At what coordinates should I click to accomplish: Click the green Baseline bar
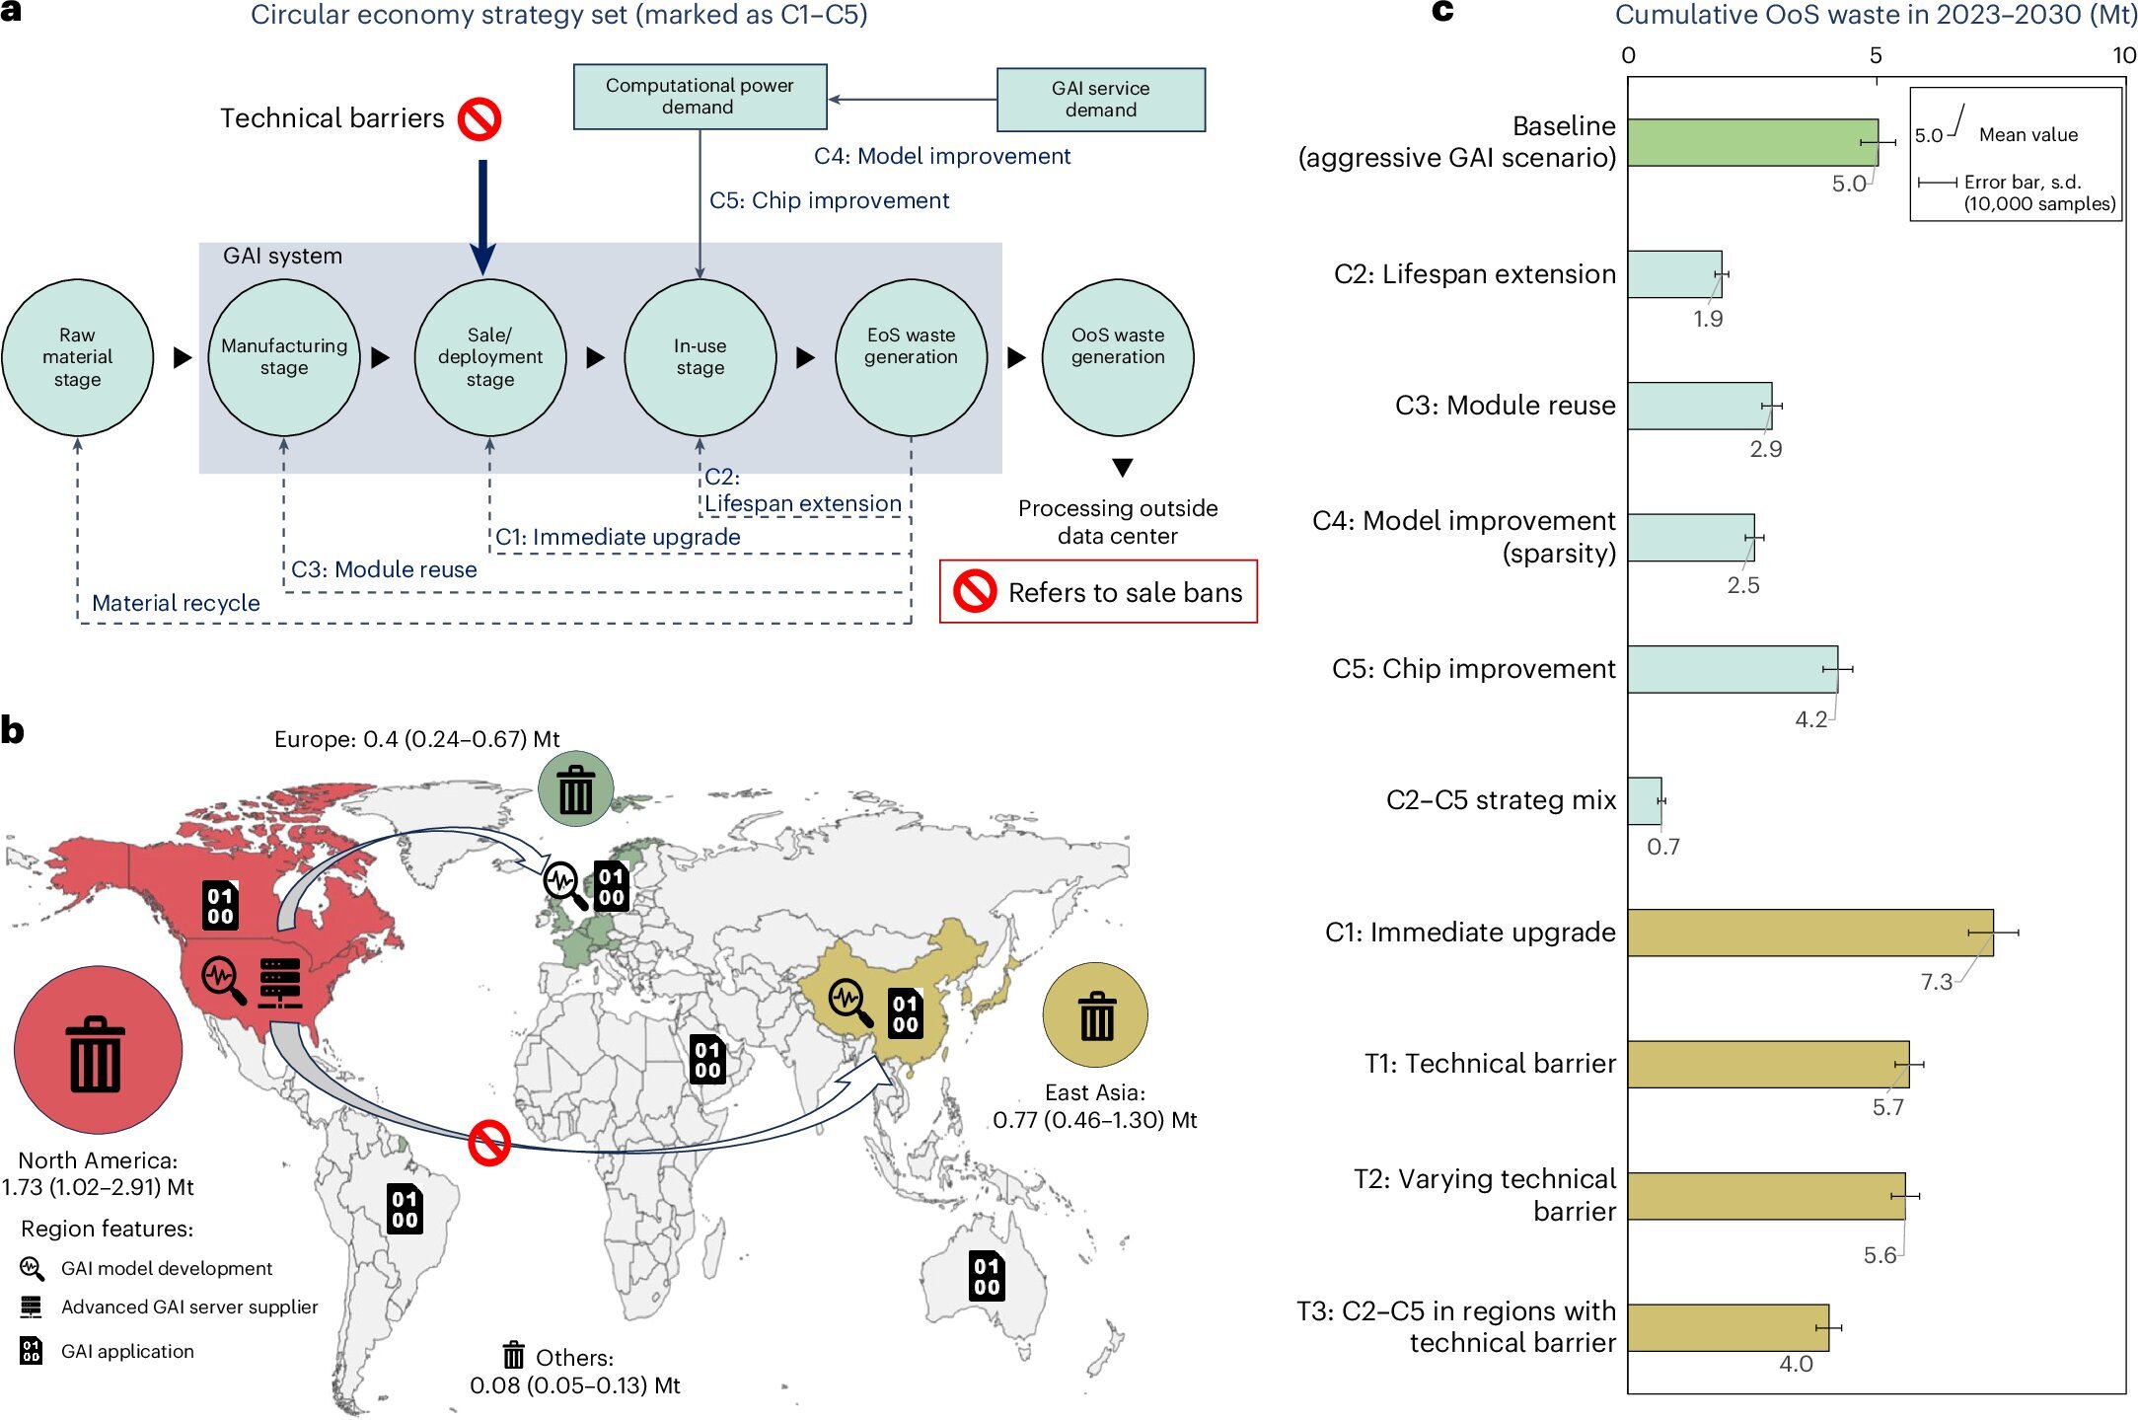(1751, 143)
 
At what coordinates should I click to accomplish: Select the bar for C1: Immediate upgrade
(1809, 933)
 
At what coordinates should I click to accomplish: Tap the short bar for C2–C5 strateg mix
(1645, 801)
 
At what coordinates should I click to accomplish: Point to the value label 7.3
(1936, 982)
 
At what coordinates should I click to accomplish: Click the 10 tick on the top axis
(2123, 55)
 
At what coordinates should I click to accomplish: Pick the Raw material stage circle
(78, 357)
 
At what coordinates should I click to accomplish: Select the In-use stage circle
(700, 357)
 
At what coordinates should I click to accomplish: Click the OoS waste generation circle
(1117, 357)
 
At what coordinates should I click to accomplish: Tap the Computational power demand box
(700, 97)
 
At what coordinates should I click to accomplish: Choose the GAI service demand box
(1100, 100)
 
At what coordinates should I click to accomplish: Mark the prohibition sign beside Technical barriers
(479, 119)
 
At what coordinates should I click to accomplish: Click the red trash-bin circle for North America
(97, 1050)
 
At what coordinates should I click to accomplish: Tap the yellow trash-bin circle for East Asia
(1095, 1014)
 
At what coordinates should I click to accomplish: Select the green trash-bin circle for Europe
(575, 788)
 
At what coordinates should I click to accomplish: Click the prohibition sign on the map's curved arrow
(488, 1143)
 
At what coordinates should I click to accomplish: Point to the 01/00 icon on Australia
(987, 1276)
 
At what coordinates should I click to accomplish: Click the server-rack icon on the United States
(280, 983)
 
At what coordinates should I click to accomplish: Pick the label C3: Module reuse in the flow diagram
(384, 569)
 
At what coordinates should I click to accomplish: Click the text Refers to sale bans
(1125, 592)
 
